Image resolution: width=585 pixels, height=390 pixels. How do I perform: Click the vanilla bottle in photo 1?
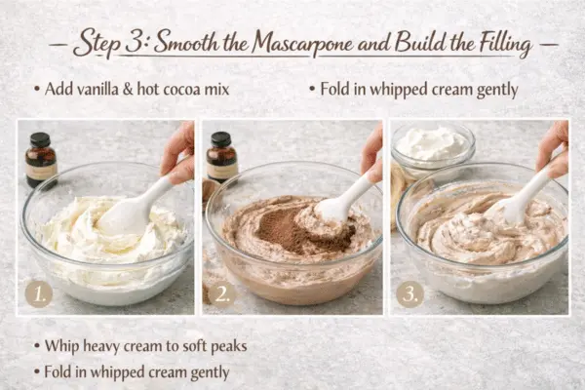tap(41, 161)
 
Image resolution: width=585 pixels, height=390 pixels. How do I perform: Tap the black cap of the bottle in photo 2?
tap(221, 138)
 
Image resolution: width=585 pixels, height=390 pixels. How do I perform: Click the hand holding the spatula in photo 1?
tap(179, 151)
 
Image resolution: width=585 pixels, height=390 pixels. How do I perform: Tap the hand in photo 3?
tap(554, 146)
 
